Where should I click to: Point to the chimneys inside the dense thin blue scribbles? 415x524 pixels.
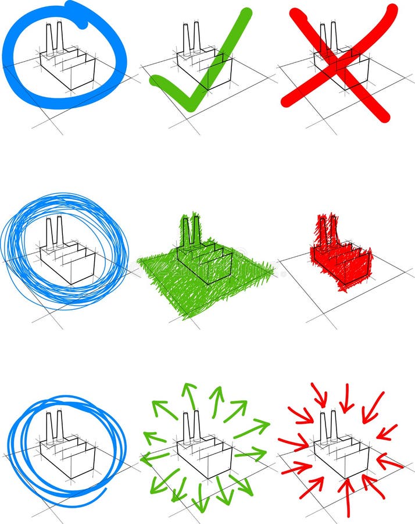pos(53,233)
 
